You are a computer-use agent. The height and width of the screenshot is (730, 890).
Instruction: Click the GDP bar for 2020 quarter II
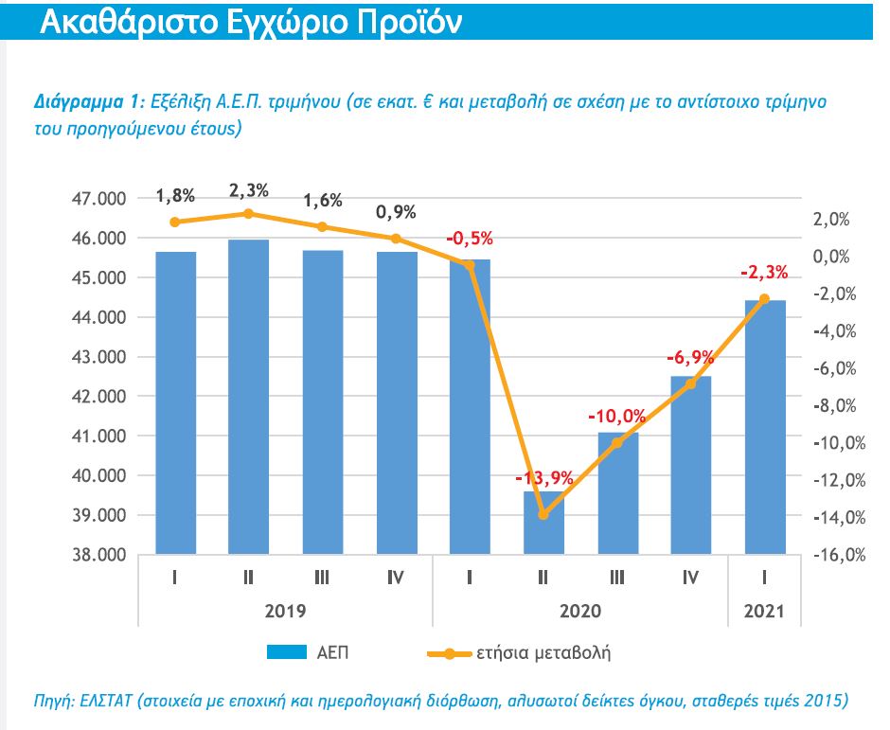543,525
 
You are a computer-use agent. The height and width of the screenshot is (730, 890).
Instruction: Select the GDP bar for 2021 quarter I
765,426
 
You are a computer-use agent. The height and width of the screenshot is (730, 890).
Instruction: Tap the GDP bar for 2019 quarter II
249,398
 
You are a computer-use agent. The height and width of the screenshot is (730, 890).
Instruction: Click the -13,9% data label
544,478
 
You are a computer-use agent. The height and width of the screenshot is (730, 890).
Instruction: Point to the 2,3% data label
248,190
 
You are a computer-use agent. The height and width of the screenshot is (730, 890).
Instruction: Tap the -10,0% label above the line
616,417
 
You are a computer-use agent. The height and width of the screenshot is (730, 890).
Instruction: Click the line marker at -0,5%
470,265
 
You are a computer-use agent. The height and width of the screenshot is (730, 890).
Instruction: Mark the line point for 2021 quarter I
765,299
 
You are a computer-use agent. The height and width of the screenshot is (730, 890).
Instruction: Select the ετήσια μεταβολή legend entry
544,652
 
